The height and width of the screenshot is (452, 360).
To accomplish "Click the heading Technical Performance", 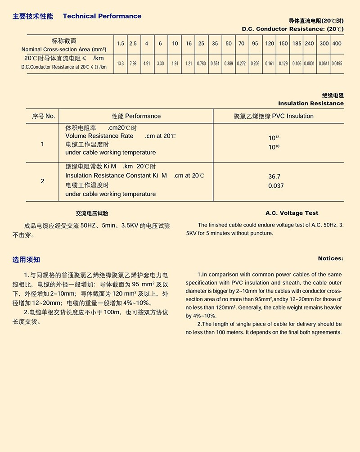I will [x=102, y=16].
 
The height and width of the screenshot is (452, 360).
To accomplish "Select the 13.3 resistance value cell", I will [x=120, y=64].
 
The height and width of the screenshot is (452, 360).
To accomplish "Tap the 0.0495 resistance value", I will [x=337, y=64].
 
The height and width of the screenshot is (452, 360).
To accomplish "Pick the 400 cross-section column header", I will [x=337, y=44].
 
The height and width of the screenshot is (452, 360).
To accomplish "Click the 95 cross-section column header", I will [x=255, y=44].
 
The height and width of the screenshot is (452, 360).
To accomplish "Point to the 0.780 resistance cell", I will [x=201, y=64].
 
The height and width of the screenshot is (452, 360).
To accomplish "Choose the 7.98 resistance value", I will [x=133, y=64].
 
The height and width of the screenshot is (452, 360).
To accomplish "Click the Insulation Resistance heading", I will [x=310, y=104].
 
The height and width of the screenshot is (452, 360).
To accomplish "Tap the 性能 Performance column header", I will [x=136, y=116].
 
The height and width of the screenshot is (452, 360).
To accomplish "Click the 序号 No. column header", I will [x=43, y=116].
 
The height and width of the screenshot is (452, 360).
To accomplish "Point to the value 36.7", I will [x=274, y=177].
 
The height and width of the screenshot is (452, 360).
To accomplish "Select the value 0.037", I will [x=276, y=186].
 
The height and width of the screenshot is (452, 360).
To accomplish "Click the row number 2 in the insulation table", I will [x=43, y=181].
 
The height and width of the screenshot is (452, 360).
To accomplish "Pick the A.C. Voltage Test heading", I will [x=292, y=213].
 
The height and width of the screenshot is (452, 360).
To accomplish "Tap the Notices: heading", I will [x=330, y=258].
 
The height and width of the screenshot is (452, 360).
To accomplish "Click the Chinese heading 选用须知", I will [x=26, y=260].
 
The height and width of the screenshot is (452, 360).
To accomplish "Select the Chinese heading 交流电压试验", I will [x=92, y=213].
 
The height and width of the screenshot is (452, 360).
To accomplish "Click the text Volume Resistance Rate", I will [x=99, y=136].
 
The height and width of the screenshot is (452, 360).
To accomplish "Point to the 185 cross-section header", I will [x=297, y=44].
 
